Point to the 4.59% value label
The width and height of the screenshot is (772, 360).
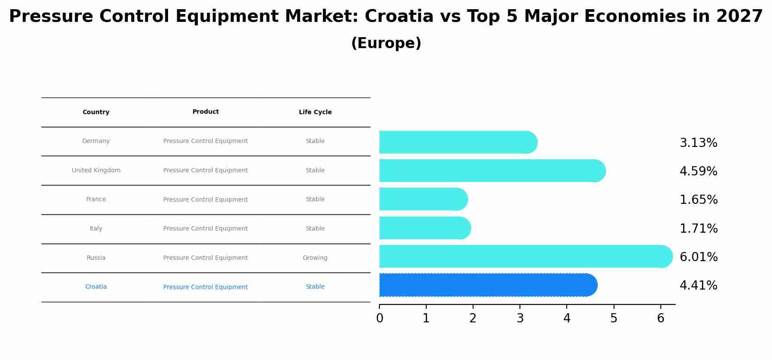click(698, 171)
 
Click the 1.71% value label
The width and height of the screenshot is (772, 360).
click(698, 228)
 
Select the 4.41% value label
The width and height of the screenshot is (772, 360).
click(698, 286)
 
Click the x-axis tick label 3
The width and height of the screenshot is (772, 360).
click(520, 318)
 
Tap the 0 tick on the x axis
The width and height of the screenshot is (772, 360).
click(379, 318)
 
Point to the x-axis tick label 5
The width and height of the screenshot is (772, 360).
click(614, 318)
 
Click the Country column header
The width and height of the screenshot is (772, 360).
click(96, 112)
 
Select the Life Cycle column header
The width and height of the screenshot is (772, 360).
click(315, 112)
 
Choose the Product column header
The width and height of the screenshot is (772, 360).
click(206, 112)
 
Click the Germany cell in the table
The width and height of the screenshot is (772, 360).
click(96, 141)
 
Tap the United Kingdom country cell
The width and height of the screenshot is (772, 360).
click(96, 171)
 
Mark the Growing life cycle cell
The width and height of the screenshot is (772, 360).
click(315, 258)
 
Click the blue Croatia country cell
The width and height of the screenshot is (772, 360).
click(96, 287)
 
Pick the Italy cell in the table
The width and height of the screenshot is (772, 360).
click(96, 229)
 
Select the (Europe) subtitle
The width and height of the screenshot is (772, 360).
click(386, 43)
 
